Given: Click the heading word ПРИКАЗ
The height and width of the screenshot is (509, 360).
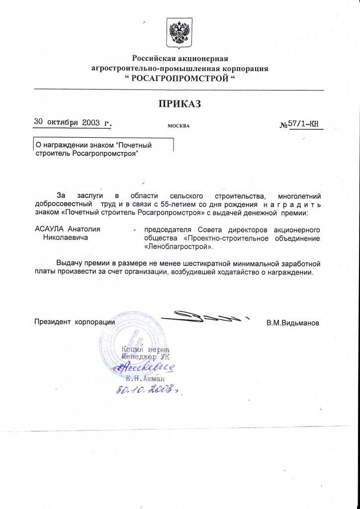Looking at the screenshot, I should point(180,104).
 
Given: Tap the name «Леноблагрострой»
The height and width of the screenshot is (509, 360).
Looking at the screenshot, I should point(179,246).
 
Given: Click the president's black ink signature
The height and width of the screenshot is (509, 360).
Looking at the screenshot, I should point(204,316).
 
